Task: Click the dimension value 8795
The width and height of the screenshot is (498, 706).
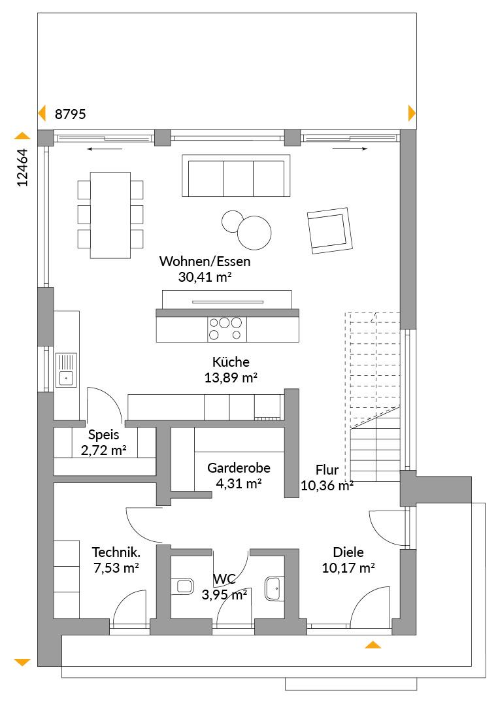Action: (70, 114)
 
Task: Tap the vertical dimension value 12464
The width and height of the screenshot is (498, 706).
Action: (22, 167)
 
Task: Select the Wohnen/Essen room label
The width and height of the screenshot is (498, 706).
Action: (205, 261)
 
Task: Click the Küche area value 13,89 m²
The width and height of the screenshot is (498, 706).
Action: (231, 378)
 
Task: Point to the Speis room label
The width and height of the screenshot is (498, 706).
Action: (103, 435)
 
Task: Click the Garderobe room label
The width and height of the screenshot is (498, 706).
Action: (239, 468)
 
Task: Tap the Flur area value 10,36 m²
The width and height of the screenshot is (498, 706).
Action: (327, 486)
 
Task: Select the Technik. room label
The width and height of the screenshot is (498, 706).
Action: (116, 552)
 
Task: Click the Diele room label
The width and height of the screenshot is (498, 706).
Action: (348, 552)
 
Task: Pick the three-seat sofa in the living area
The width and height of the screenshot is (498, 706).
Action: (236, 176)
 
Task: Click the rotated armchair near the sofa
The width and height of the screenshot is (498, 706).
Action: (329, 231)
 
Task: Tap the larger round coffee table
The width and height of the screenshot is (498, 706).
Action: (254, 233)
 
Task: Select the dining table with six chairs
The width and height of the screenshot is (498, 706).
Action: (110, 215)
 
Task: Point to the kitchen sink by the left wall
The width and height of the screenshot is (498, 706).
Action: (66, 370)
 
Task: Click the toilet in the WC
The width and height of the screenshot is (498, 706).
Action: (182, 586)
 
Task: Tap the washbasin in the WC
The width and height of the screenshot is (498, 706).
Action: (274, 588)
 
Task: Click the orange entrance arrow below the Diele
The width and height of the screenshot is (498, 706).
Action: (373, 645)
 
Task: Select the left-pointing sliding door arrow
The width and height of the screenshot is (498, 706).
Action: (99, 149)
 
